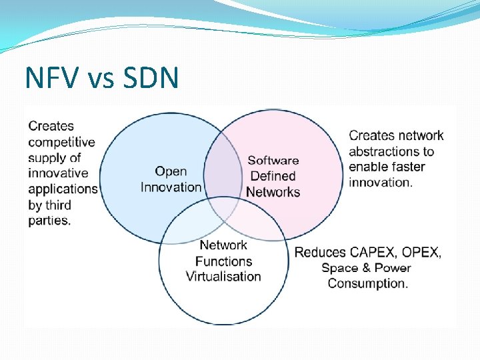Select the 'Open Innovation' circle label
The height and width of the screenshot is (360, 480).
(x=171, y=179)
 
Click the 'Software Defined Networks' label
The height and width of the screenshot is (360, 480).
(x=273, y=176)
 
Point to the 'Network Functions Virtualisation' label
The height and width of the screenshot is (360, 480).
(x=223, y=261)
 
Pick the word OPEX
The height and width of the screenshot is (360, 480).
(x=420, y=253)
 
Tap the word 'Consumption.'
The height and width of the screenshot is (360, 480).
(x=367, y=283)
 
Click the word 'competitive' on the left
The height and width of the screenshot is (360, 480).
(x=62, y=142)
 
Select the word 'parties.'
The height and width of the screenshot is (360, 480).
(x=49, y=221)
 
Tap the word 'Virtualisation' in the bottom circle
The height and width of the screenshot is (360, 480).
(x=223, y=277)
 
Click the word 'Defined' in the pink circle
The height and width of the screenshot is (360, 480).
(x=273, y=176)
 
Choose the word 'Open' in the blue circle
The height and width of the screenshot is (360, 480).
(x=171, y=172)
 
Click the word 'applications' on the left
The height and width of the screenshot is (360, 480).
(x=63, y=189)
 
